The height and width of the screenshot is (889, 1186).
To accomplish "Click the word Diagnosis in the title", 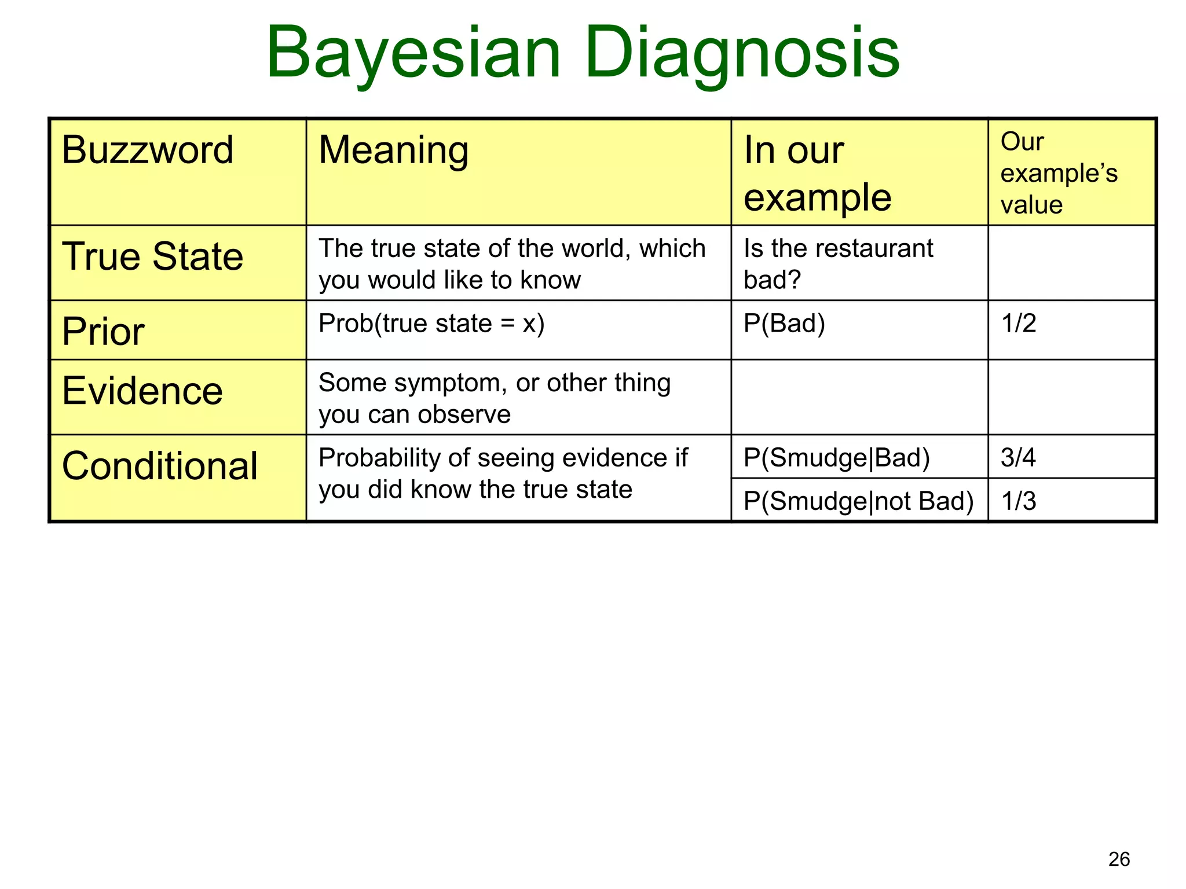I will [742, 53].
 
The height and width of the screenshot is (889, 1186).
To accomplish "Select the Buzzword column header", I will [148, 150].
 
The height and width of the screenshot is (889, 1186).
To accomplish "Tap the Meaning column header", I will [394, 150].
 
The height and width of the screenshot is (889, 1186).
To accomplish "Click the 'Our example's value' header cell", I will [1059, 173].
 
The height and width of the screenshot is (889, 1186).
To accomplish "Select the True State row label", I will [153, 256].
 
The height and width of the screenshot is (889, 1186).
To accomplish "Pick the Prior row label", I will [104, 332].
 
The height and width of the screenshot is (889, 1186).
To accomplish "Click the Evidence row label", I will [142, 391].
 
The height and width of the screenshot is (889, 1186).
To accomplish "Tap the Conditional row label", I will [160, 466].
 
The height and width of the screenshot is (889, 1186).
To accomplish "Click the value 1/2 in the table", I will [1019, 323].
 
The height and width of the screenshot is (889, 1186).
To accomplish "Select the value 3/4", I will [1018, 457].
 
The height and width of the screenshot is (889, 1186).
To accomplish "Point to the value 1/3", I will [1019, 501].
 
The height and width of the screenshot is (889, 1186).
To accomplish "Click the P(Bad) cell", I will [784, 323].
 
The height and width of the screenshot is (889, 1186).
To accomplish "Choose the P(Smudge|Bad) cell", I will [836, 457].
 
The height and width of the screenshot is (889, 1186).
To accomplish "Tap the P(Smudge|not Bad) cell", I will [858, 501].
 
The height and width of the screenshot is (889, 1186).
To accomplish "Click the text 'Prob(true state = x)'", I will [431, 323].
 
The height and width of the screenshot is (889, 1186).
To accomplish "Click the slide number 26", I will [1119, 859].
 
